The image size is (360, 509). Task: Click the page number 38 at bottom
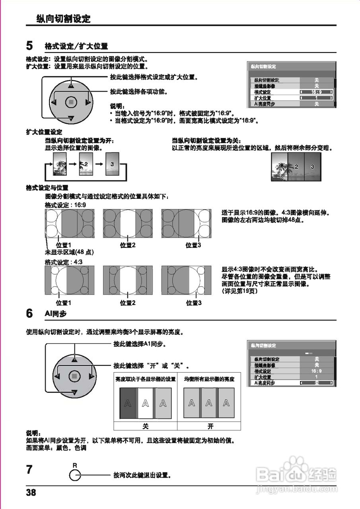[x=31, y=493]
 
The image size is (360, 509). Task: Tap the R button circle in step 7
[x=75, y=475]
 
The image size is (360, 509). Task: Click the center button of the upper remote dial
[x=71, y=102]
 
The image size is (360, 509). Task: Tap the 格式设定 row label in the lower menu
[x=263, y=371]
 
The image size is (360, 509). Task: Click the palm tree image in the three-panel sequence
[x=60, y=163]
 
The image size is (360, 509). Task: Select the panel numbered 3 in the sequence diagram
[x=112, y=163]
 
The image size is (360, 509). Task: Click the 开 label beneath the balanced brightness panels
[x=210, y=426]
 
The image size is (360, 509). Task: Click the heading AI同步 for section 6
[x=56, y=314]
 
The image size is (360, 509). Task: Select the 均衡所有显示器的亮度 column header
[x=209, y=379]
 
